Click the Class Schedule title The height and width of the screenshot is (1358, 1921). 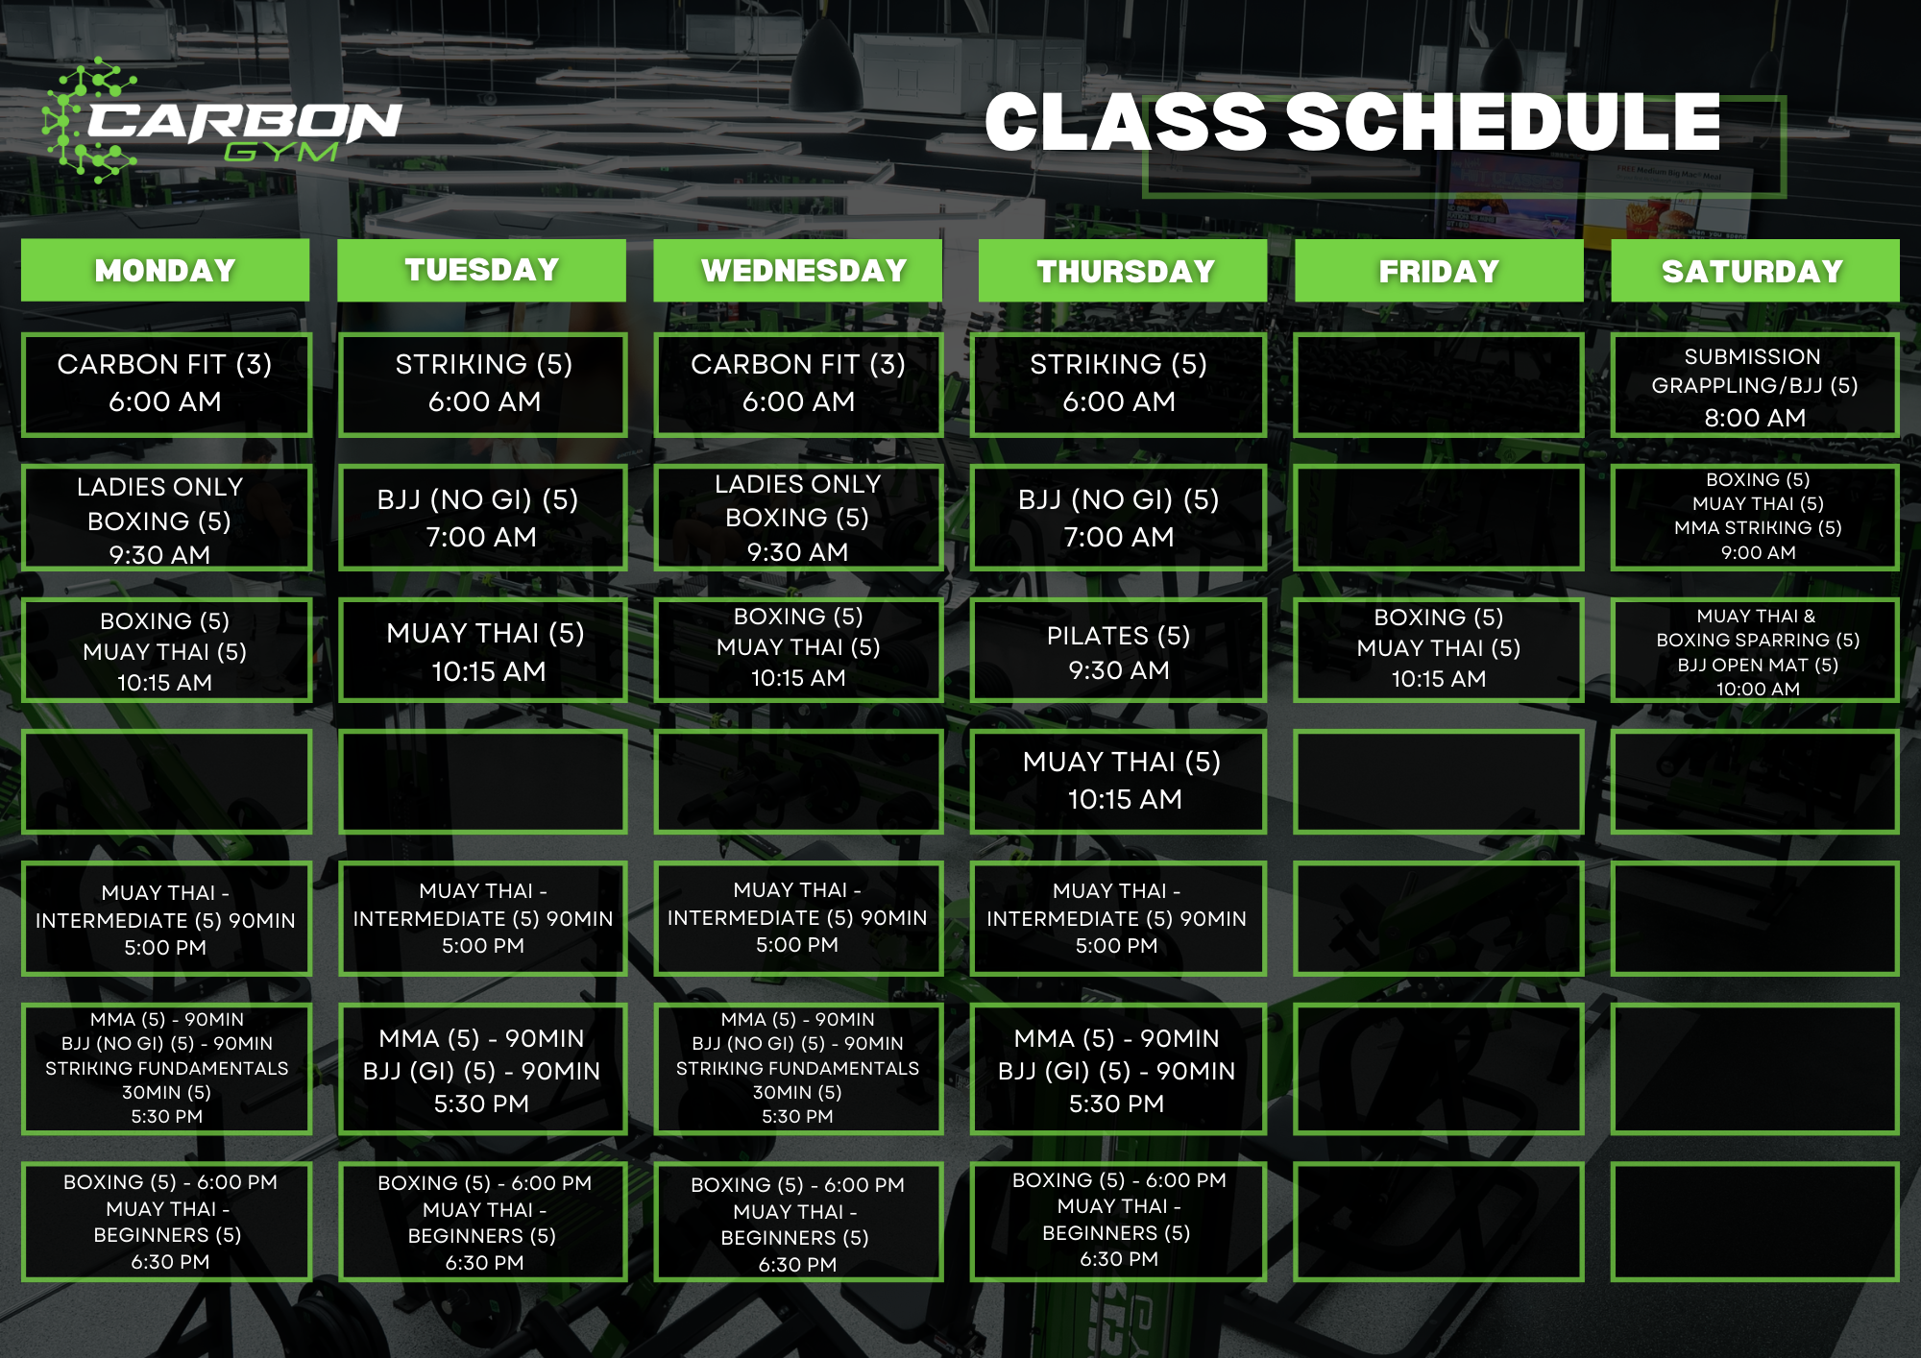(1352, 123)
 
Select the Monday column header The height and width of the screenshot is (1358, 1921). (165, 271)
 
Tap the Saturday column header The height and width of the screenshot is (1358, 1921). (1754, 271)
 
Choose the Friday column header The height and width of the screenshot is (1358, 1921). (1439, 271)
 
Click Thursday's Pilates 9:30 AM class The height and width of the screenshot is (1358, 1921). (1118, 651)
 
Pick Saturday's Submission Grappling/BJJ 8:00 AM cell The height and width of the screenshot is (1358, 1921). (1754, 385)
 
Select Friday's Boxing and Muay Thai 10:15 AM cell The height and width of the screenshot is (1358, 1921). (1439, 649)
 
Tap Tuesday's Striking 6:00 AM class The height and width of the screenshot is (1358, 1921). (483, 383)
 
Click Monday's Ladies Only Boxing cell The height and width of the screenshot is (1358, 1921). (165, 519)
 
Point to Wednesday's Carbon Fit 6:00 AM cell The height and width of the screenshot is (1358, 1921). (798, 383)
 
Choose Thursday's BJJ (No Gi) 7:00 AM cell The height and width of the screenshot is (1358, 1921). (1118, 518)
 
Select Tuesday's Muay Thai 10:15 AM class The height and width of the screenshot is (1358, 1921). (483, 651)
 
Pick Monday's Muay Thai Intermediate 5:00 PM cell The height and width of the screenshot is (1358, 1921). (165, 919)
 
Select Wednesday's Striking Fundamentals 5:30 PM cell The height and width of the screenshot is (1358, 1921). (798, 1068)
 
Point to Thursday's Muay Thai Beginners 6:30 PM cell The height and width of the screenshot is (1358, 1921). (1118, 1221)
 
